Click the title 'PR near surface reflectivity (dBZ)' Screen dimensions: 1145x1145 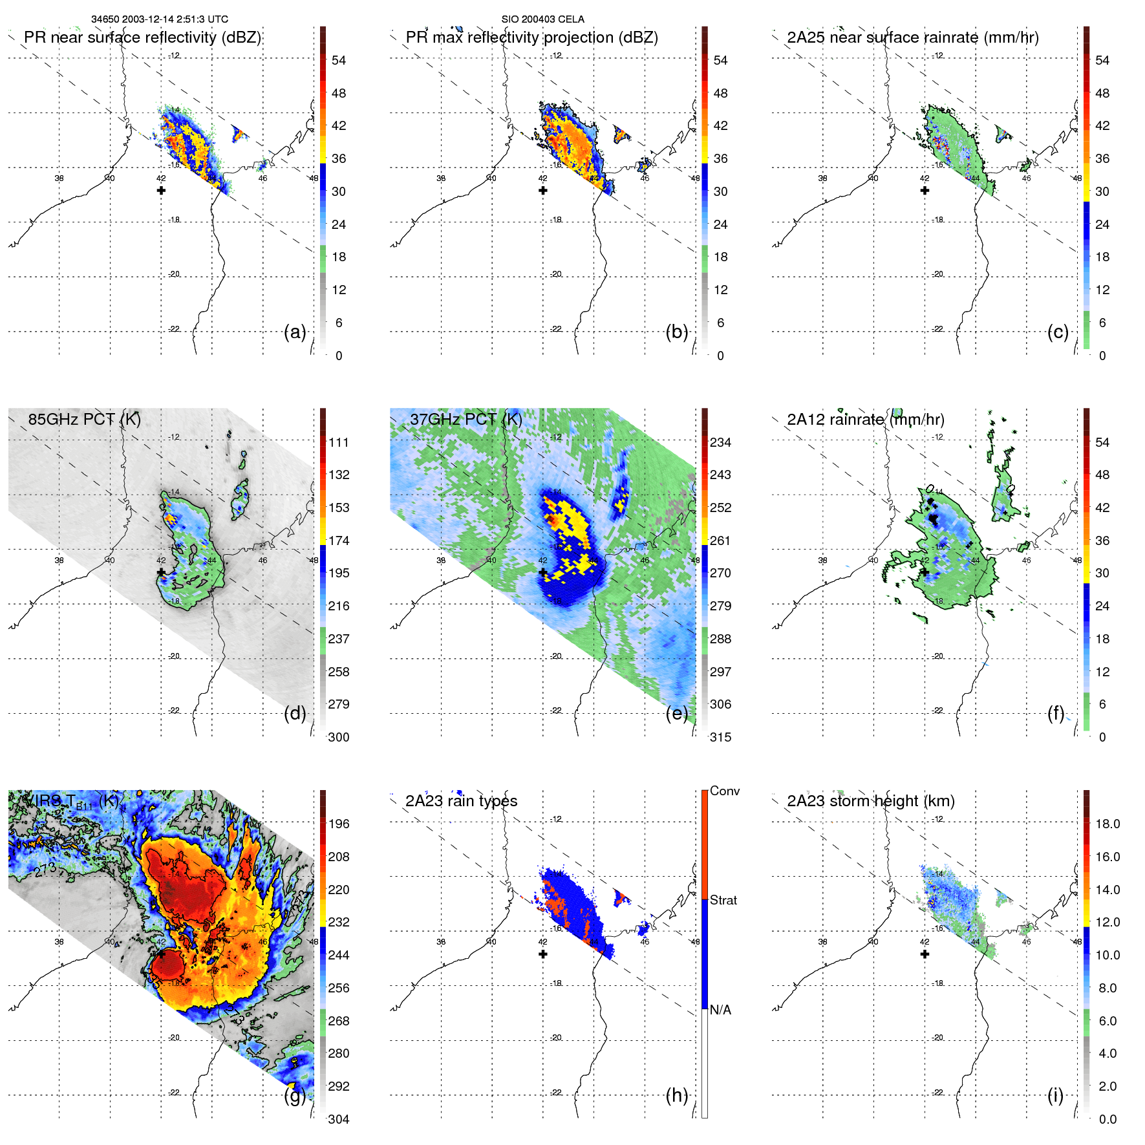tap(142, 37)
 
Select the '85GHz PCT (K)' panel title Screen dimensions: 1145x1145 tap(84, 419)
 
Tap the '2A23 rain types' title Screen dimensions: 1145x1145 tap(461, 801)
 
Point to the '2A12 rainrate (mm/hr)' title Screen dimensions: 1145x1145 tap(865, 419)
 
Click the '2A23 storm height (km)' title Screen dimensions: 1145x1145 tap(870, 801)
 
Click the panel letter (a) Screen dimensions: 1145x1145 tap(295, 332)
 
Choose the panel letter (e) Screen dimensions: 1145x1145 tap(677, 714)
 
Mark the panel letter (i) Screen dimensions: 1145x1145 tap(1055, 1095)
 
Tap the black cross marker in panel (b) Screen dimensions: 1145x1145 tap(543, 191)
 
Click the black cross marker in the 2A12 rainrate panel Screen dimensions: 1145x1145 tap(925, 572)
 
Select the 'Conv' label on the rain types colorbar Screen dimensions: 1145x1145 tap(724, 791)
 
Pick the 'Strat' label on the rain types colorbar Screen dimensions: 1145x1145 tap(723, 900)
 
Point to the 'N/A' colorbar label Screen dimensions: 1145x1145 tap(720, 1010)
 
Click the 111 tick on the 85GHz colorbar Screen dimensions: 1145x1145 tap(339, 442)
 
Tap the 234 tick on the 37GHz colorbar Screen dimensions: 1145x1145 tap(720, 442)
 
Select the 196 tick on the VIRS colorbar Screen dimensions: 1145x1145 tap(339, 824)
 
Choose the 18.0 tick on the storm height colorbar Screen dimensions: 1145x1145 tap(1107, 824)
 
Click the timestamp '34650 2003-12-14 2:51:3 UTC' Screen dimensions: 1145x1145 tap(160, 19)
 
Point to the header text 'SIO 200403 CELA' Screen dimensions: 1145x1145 tap(543, 19)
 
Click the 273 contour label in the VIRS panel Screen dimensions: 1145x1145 tap(45, 870)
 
